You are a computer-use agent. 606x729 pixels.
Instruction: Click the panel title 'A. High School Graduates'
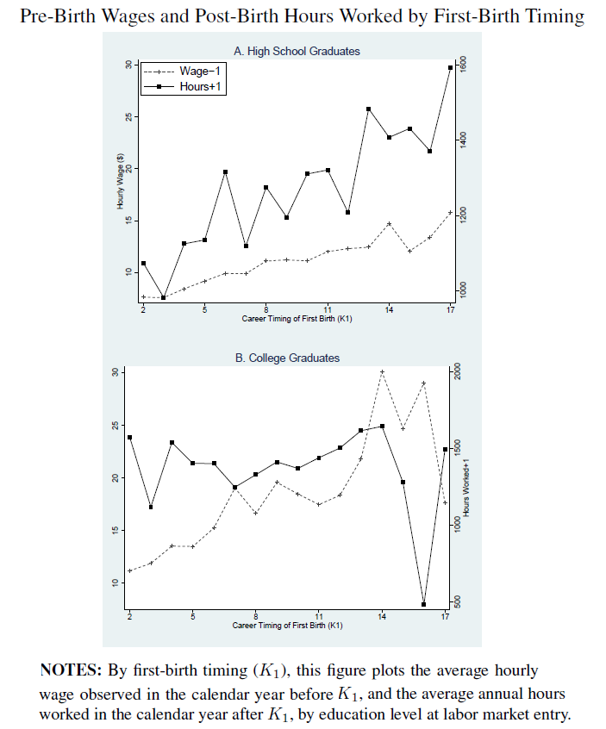point(297,52)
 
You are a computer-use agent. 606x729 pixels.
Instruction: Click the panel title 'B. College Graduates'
point(287,358)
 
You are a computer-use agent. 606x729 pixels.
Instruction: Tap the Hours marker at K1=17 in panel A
point(450,67)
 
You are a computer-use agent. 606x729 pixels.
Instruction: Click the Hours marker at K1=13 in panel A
point(368,109)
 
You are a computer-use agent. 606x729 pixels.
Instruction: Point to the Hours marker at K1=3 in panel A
point(163,297)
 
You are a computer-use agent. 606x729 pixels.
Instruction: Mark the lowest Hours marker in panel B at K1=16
point(424,604)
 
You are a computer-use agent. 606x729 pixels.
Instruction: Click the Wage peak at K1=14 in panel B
point(382,371)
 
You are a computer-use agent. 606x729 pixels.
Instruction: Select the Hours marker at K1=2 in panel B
point(129,438)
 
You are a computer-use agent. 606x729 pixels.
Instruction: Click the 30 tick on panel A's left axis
point(127,65)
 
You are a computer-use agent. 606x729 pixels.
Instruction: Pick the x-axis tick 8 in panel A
point(266,308)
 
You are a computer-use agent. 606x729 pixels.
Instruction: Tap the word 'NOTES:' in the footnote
point(70,670)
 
